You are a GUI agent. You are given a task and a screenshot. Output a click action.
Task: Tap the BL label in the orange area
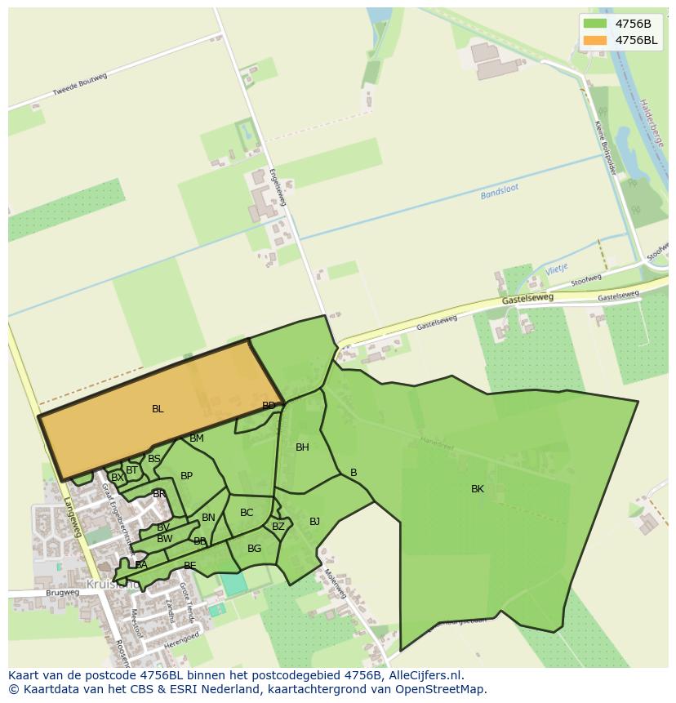[x=158, y=409]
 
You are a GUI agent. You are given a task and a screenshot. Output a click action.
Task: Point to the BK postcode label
[x=478, y=489]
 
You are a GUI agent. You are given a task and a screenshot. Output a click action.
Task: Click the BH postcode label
[x=302, y=447]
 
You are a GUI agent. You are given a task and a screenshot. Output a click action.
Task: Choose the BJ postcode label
[x=314, y=521]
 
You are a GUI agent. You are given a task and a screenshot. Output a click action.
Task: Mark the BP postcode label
[x=186, y=475]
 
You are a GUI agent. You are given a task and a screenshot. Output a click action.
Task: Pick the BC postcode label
[x=247, y=513]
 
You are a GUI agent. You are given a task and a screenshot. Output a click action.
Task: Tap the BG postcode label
[x=254, y=549]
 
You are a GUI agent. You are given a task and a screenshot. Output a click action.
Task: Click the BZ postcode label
[x=278, y=527]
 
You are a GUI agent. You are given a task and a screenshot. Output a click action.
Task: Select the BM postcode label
[x=196, y=438]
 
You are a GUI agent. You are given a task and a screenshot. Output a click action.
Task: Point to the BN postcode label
[x=208, y=518]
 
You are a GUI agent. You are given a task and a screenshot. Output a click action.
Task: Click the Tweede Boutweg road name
[x=80, y=85]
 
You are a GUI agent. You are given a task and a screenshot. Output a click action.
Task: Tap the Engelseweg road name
[x=278, y=187]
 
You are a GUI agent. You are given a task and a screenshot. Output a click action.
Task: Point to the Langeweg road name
[x=73, y=518]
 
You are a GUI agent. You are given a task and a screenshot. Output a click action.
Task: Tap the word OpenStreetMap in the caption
[x=441, y=689]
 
